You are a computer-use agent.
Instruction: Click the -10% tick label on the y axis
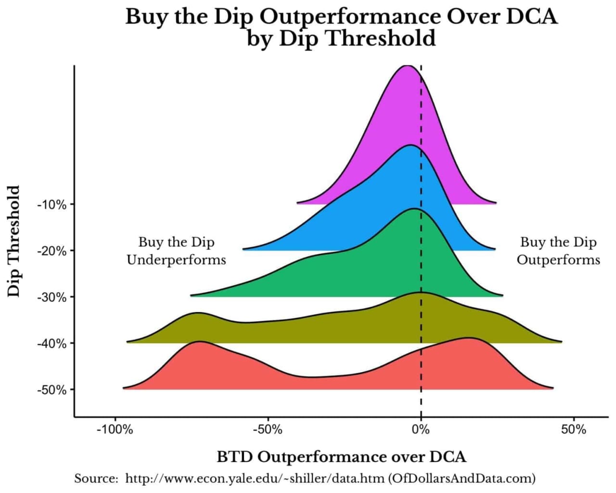(51, 205)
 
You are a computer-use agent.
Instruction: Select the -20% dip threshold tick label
(51, 251)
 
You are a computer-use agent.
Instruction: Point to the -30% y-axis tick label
(51, 297)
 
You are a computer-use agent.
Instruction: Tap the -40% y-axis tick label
(51, 343)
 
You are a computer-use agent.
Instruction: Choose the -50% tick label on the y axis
(51, 389)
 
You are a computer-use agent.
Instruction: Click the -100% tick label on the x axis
(115, 429)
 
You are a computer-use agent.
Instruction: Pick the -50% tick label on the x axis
(268, 429)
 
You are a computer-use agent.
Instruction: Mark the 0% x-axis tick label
(421, 429)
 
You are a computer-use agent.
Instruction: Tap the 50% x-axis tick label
(573, 429)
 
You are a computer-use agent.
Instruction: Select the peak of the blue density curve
(411, 145)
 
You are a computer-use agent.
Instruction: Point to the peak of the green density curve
(414, 209)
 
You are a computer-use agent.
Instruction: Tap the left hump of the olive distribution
(197, 313)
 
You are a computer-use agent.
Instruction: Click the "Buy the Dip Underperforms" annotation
(176, 251)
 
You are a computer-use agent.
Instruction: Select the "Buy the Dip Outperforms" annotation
(558, 251)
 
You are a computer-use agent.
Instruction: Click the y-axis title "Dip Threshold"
(14, 241)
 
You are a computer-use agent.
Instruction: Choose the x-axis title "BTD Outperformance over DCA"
(341, 456)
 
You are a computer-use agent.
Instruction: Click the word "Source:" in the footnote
(96, 479)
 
